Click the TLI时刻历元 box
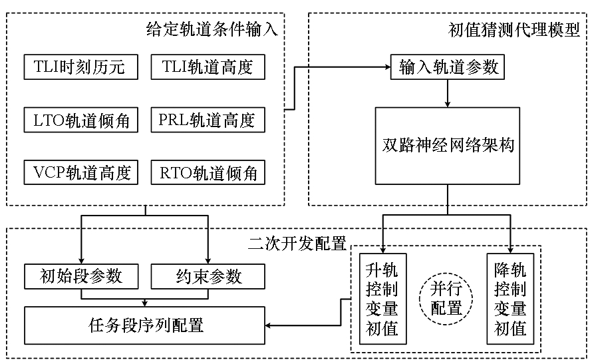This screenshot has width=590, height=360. (81, 67)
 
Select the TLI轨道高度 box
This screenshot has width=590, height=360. (208, 67)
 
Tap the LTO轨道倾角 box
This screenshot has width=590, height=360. (81, 120)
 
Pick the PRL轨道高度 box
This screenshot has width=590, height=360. (208, 120)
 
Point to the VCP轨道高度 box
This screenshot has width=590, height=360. (81, 172)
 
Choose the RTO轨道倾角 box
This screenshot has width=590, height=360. (208, 172)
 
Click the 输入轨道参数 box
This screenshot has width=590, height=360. (448, 67)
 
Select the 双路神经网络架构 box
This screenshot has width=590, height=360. (448, 146)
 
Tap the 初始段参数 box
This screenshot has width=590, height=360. (81, 276)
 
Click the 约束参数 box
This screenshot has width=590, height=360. (208, 276)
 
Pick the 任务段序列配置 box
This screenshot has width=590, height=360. (144, 325)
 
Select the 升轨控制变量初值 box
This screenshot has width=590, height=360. (382, 299)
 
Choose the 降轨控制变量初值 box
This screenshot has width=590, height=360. (510, 299)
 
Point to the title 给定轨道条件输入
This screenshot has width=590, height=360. (212, 29)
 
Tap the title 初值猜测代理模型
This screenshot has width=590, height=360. (514, 29)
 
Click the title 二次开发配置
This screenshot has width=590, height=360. (297, 244)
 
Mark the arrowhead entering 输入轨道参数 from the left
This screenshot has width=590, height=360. (387, 67)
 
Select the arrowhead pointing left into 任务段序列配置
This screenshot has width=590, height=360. (269, 325)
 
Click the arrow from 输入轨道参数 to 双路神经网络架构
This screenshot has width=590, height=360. (448, 93)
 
